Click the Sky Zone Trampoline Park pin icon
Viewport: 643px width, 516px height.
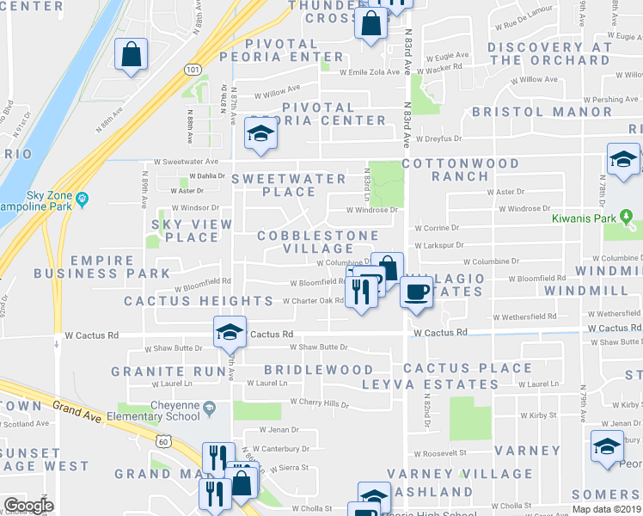point(83,200)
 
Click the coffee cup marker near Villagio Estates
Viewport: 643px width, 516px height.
point(416,292)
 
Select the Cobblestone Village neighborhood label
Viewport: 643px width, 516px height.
point(319,242)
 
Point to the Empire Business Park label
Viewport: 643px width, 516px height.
point(102,267)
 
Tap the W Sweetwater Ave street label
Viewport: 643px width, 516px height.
point(187,161)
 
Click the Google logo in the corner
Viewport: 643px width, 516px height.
point(28,506)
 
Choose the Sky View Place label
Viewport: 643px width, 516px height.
point(186,230)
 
